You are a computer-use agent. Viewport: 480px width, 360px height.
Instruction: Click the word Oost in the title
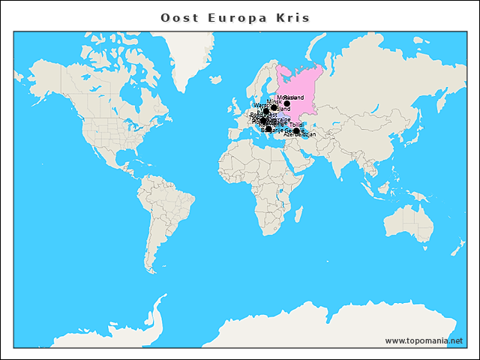click(177, 17)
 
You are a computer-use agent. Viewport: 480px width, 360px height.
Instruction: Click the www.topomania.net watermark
click(424, 340)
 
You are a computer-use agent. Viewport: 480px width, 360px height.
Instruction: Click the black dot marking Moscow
click(286, 103)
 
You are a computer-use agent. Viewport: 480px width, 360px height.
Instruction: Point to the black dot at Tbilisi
click(296, 130)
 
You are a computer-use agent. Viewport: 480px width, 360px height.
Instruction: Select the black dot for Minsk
click(274, 107)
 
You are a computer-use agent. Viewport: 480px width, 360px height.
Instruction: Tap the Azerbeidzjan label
click(300, 135)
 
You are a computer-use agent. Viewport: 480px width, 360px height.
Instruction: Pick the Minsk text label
click(274, 101)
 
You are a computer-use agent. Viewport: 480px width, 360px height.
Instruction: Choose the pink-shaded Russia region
click(300, 82)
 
